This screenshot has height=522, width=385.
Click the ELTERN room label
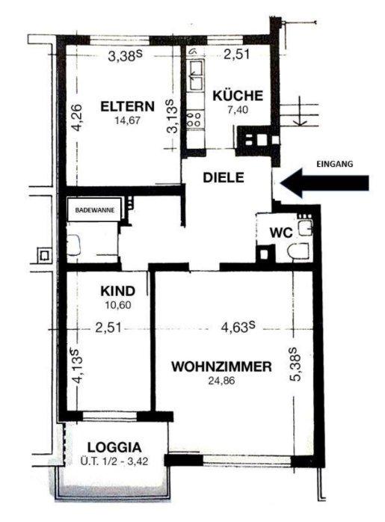[x=127, y=106]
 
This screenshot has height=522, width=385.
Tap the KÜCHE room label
[x=238, y=96]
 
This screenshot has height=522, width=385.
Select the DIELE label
[x=224, y=177]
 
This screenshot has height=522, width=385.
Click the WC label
[x=281, y=233]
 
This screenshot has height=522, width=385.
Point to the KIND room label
[x=118, y=291]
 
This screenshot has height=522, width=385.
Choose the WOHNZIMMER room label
[x=221, y=366]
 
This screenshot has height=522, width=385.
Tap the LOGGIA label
[x=114, y=447]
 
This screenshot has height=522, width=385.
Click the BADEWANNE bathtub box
[x=95, y=210]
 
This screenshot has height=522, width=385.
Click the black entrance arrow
[x=324, y=182]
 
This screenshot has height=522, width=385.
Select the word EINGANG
[x=334, y=164]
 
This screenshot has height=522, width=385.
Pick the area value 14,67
[x=127, y=120]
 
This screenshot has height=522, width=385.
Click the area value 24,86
[x=221, y=380]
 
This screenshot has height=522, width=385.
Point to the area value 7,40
[x=238, y=109]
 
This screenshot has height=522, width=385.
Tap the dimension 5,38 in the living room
[x=295, y=364]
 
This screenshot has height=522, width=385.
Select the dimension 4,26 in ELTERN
[x=77, y=117]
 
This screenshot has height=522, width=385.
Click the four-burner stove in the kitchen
[x=195, y=120]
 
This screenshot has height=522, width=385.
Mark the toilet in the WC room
[x=298, y=251]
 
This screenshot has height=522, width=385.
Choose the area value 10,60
[x=118, y=304]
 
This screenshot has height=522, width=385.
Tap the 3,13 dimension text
[x=173, y=116]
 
